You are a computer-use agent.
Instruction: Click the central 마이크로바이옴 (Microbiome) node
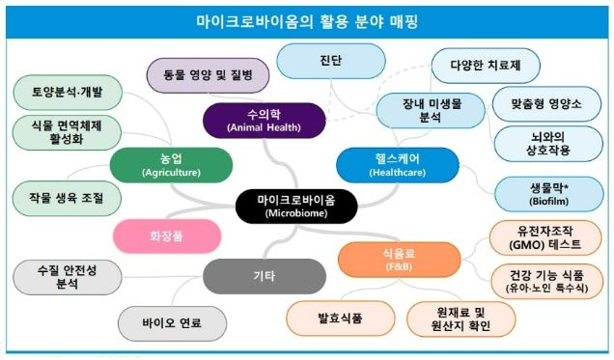point(297,205)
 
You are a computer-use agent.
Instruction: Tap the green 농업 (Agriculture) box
point(171,164)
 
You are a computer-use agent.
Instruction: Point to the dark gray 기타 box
point(262,276)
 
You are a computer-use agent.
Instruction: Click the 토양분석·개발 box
point(67,93)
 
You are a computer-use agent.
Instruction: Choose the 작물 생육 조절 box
point(68,197)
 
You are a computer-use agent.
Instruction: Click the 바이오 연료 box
point(173,322)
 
